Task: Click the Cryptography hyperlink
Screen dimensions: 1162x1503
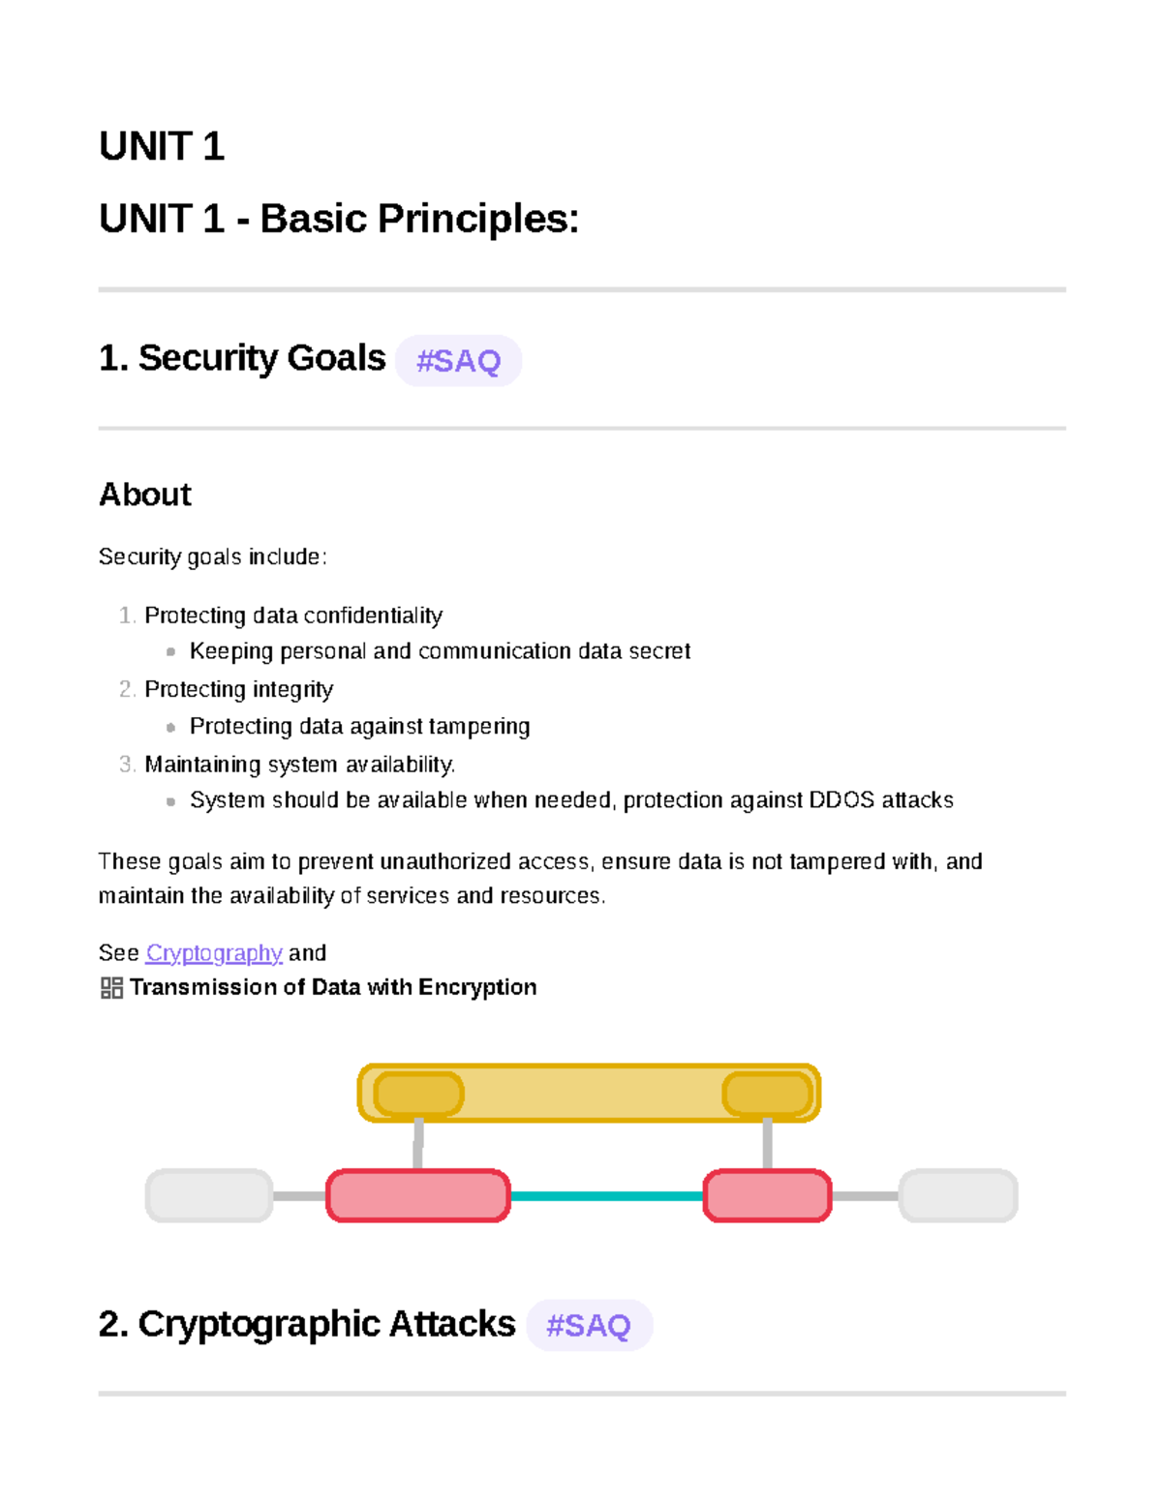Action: click(214, 953)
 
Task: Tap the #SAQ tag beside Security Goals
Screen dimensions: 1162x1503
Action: click(458, 361)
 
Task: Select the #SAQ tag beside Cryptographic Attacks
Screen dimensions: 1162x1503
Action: click(589, 1325)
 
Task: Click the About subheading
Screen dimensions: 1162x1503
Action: click(145, 495)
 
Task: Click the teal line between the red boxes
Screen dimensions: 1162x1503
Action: click(606, 1196)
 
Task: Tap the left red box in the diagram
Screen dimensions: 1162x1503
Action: click(418, 1196)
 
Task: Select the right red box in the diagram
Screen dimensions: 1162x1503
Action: click(767, 1196)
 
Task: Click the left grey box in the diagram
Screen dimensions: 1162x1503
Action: click(209, 1196)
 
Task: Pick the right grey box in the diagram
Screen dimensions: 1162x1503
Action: click(958, 1196)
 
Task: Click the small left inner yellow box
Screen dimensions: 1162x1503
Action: click(418, 1095)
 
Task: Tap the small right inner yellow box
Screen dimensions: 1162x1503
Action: click(767, 1095)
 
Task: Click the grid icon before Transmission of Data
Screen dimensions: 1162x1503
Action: click(111, 987)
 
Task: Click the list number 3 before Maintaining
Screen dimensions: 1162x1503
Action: click(127, 765)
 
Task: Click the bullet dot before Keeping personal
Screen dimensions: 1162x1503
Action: click(170, 652)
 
